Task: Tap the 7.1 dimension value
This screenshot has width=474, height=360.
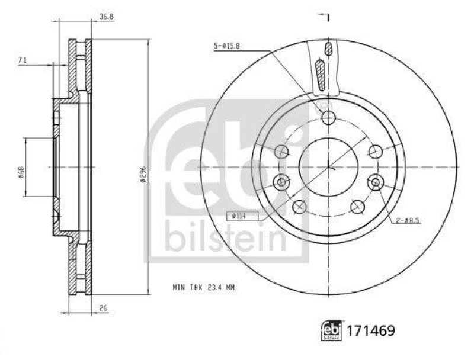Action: [x=22, y=60]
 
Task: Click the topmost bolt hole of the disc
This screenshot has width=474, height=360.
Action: [x=329, y=118]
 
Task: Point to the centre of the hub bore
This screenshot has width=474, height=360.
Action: [x=329, y=168]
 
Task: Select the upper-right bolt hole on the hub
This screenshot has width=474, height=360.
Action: [x=375, y=152]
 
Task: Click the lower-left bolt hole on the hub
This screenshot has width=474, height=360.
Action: [x=300, y=207]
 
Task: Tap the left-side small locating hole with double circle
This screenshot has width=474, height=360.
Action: [x=282, y=182]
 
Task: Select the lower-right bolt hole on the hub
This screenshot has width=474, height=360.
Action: [x=357, y=207]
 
